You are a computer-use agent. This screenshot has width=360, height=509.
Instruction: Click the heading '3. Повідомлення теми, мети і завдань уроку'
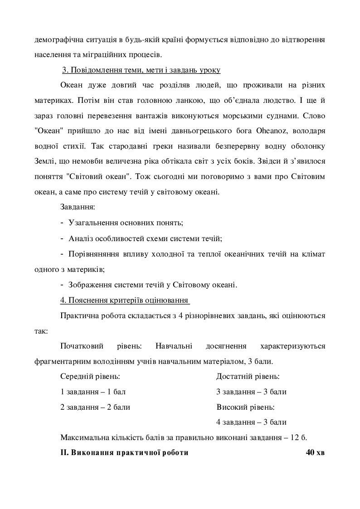pos(141,70)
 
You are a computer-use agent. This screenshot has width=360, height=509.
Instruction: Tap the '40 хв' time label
pos(316,452)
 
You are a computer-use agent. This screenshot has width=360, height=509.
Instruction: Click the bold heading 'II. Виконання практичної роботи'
pos(124,452)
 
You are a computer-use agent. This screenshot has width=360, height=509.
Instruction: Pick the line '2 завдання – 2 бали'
pos(95,407)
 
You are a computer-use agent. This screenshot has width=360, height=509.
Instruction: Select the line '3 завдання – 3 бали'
pos(251,392)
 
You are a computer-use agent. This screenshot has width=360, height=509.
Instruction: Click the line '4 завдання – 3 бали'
pos(251,422)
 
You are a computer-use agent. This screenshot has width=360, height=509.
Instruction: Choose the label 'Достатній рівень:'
pos(248,376)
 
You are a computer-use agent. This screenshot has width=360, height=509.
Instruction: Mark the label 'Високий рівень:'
pos(245,407)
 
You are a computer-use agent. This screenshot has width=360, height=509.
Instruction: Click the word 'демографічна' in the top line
pos(57,39)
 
